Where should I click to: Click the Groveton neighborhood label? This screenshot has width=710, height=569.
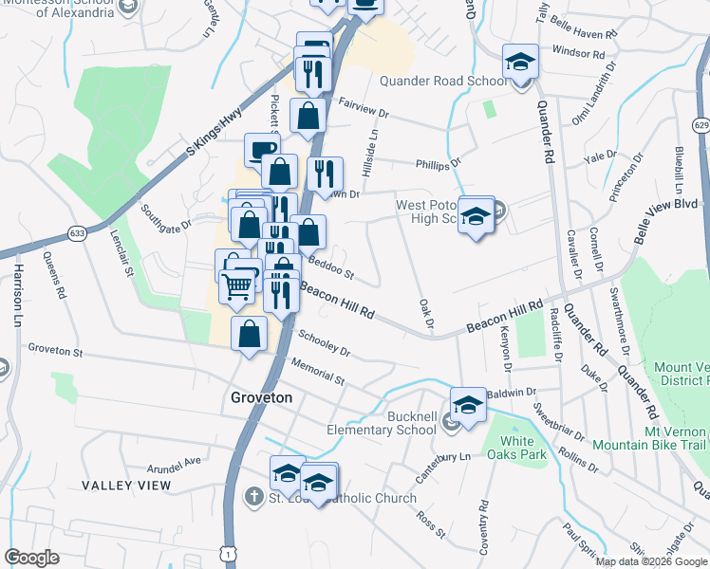(x=262, y=398)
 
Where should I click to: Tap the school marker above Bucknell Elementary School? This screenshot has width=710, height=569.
(x=468, y=404)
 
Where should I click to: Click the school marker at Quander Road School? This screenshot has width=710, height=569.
(x=520, y=63)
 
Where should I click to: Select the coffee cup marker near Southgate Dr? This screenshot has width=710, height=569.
(x=262, y=150)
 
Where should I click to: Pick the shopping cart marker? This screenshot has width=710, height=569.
(x=237, y=284)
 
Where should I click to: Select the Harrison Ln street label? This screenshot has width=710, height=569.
(x=17, y=296)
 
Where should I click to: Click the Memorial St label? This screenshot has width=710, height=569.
(x=318, y=372)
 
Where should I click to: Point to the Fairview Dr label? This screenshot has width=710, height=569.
(x=364, y=113)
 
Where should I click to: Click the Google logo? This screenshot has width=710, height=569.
(x=32, y=558)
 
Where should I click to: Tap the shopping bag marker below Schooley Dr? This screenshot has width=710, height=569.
(x=249, y=335)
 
